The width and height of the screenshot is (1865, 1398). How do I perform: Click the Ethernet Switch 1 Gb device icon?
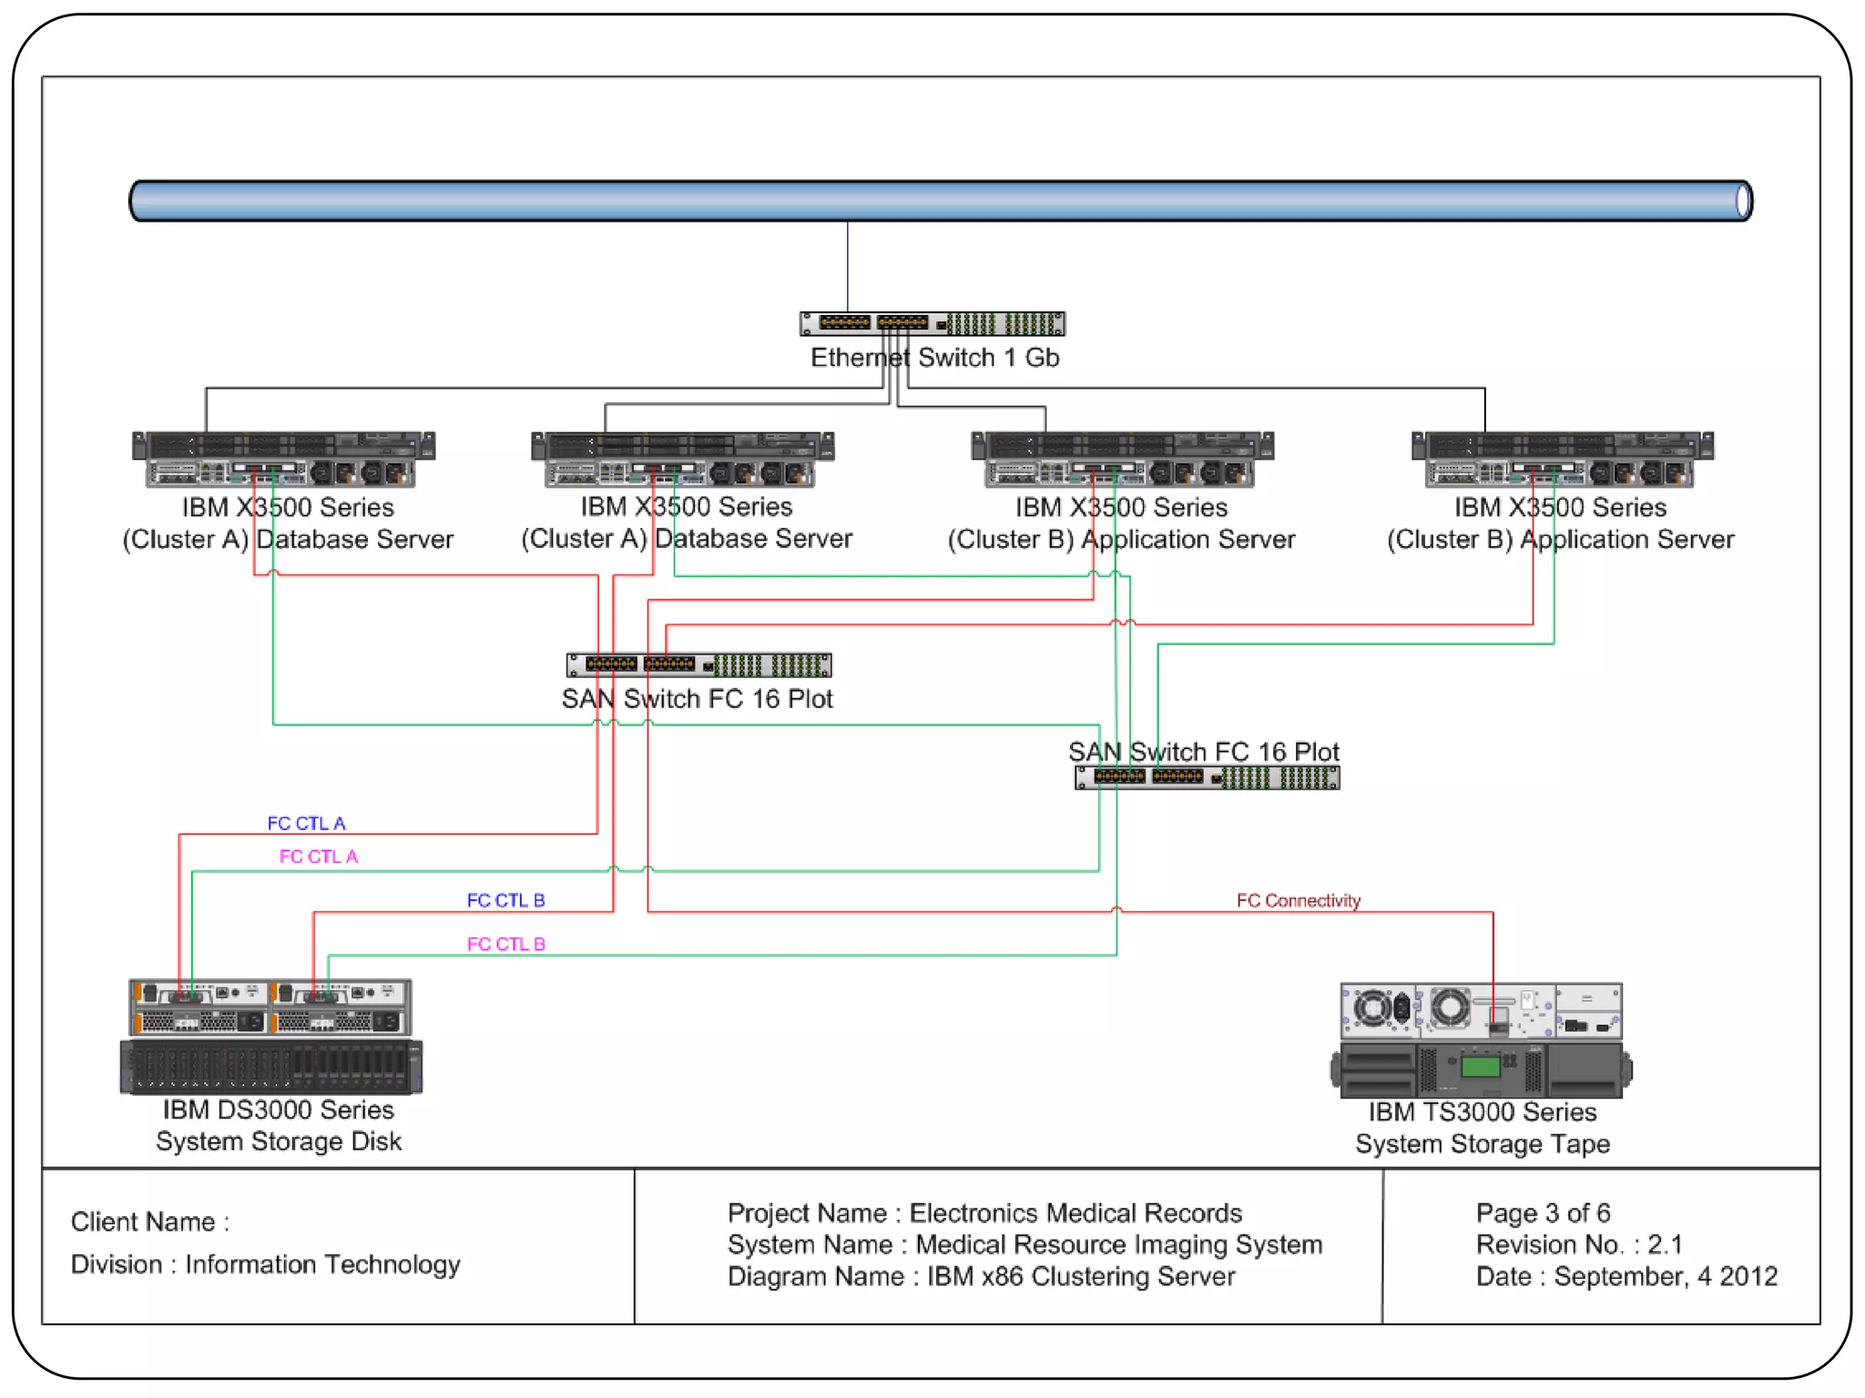pos(932,323)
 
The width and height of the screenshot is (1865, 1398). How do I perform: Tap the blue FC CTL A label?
pos(306,823)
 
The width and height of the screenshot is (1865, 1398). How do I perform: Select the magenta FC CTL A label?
pos(318,856)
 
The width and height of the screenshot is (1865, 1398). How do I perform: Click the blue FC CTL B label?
pos(505,900)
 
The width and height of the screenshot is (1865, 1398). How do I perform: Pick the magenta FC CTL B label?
pos(505,944)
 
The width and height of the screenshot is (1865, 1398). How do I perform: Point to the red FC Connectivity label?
pos(1298,900)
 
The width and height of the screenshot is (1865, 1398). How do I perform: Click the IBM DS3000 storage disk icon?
pos(270,1037)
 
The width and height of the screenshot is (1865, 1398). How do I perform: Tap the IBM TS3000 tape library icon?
pos(1482,1039)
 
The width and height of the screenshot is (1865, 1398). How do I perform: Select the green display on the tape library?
pos(1480,1066)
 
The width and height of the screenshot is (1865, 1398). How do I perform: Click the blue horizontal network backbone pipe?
pos(938,200)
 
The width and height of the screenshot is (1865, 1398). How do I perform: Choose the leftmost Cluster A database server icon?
pos(283,459)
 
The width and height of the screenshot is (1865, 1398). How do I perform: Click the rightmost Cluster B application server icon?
pos(1562,459)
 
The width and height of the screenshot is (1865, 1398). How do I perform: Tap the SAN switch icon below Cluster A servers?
pos(698,665)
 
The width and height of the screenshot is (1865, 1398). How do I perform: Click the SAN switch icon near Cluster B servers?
pos(1207,777)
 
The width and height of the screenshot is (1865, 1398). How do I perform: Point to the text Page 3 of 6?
pos(1543,1212)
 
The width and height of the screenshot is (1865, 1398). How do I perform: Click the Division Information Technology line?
pos(265,1264)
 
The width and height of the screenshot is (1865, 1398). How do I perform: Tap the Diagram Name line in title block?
pos(981,1276)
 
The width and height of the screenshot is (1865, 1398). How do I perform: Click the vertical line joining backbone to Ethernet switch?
pos(847,266)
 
